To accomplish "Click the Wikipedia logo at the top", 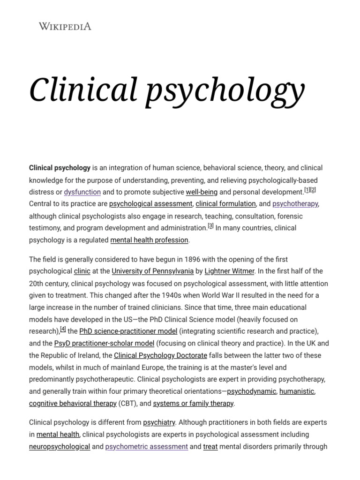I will coord(65,26).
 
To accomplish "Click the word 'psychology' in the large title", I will coord(225,90).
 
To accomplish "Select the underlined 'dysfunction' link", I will coord(82,192).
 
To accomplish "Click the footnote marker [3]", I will coord(210,226).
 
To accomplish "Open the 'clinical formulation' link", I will coord(225,204).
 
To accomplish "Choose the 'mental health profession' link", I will coord(149,240).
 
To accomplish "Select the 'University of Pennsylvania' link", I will coord(152,271).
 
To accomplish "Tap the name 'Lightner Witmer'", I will coord(229,271).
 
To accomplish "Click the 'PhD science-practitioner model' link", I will coord(128,331).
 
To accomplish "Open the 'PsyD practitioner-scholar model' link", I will coord(104,343).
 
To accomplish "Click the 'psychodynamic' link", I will coord(251,391).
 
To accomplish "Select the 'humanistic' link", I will coord(297,391).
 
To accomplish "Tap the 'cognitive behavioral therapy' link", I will coord(73,404).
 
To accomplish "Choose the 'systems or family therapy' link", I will coord(193,404).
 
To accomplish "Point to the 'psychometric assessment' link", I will coord(146,447).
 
